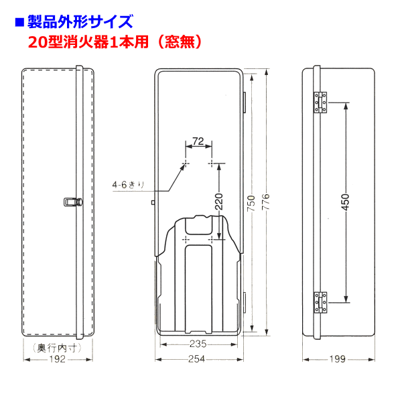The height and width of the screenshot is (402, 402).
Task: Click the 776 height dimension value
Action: tap(266, 202)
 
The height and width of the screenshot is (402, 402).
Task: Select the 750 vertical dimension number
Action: tap(251, 203)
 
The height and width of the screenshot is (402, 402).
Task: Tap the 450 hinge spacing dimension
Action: tap(346, 202)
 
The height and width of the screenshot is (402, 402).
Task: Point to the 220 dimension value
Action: tap(219, 202)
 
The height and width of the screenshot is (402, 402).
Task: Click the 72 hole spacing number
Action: tap(198, 141)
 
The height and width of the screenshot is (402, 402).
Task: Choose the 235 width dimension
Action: tap(198, 344)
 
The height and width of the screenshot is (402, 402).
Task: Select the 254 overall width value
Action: tap(196, 359)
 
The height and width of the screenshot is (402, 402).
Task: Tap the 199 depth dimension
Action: tap(338, 359)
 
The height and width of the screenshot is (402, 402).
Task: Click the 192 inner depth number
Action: tap(58, 359)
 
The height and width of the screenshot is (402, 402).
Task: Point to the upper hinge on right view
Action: tap(320, 103)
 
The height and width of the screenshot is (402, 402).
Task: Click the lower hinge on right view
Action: tap(320, 303)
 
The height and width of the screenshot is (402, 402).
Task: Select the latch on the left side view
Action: tap(73, 202)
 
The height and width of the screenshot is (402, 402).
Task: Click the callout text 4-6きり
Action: tap(129, 185)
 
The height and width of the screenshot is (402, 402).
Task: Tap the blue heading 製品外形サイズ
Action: tap(80, 21)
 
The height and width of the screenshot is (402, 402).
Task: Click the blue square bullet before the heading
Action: tap(19, 22)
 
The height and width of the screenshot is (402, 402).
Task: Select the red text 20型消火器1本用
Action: tap(88, 42)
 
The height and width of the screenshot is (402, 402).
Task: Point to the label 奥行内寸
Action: tap(58, 348)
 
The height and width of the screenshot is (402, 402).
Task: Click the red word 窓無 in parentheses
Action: tap(180, 42)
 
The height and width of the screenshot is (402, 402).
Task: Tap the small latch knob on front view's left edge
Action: tap(153, 203)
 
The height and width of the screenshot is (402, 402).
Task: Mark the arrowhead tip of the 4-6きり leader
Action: tap(185, 164)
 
